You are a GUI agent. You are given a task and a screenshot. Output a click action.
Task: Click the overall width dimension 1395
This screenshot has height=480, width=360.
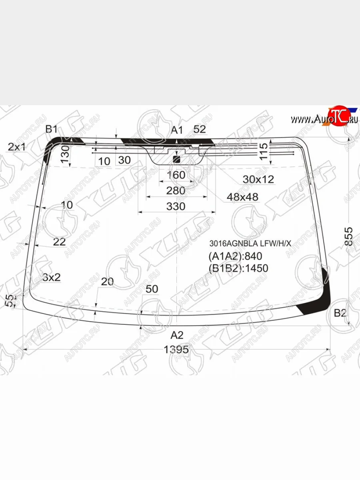click(176, 350)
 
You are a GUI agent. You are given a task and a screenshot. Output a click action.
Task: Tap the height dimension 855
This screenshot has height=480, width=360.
click(348, 236)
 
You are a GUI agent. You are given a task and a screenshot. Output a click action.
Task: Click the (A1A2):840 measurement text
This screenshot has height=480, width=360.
click(235, 256)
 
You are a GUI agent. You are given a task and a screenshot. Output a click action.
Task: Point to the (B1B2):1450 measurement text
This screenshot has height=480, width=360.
click(238, 268)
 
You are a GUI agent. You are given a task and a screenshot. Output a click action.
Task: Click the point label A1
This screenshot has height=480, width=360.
click(177, 130)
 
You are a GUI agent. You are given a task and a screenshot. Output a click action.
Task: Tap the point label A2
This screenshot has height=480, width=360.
click(177, 335)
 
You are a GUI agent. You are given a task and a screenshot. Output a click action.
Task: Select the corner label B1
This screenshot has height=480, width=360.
click(51, 129)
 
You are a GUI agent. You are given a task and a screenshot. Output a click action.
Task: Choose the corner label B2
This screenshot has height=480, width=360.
click(340, 313)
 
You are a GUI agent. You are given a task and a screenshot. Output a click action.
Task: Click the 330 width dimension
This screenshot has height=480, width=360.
click(176, 206)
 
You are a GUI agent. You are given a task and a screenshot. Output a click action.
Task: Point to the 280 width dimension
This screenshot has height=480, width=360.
click(176, 191)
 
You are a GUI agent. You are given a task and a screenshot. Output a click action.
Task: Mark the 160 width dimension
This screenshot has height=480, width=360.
click(176, 175)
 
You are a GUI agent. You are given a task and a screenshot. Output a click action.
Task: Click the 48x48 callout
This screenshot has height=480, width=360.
click(242, 197)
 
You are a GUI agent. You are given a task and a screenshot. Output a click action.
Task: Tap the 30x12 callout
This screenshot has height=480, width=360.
click(258, 180)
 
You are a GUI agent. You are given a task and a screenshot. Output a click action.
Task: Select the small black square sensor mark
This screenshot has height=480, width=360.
click(176, 160)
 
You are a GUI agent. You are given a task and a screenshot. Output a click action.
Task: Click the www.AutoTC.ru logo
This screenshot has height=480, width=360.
click(324, 118)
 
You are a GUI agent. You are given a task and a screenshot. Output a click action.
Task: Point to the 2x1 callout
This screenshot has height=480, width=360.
click(16, 147)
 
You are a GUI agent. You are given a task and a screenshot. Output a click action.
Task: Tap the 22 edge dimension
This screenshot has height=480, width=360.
click(59, 242)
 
